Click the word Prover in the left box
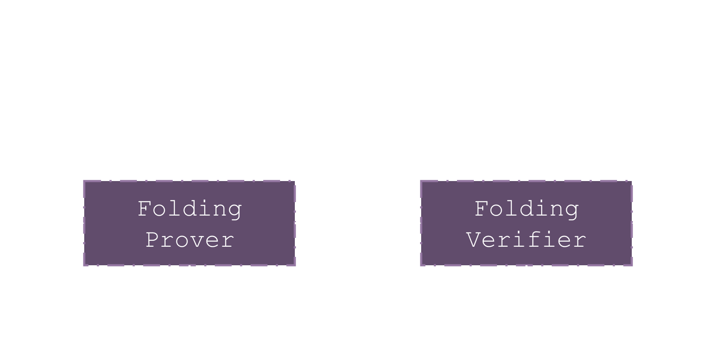190,240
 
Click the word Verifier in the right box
526,240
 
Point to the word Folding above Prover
190,209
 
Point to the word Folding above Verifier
526,209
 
